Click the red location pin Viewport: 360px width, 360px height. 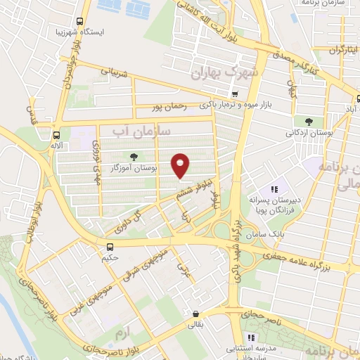181,165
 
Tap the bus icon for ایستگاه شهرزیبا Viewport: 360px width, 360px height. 79,22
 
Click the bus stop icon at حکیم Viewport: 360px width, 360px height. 110,247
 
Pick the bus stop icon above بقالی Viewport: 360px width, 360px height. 195,314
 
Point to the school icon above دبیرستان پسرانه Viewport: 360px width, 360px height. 276,188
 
